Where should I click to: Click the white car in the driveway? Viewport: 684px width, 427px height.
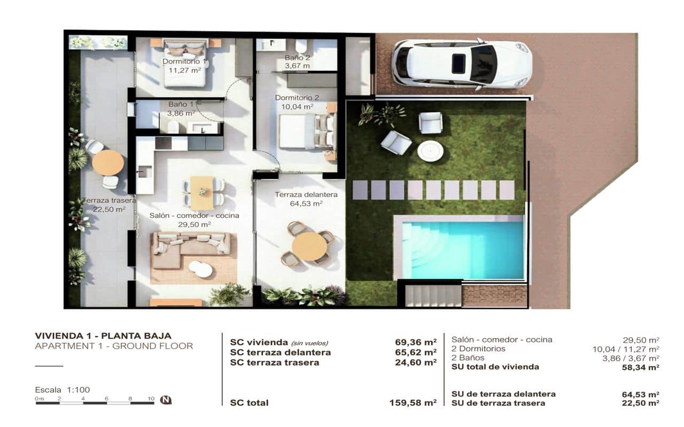pos(462,64)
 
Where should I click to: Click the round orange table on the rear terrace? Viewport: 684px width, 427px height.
pos(108,162)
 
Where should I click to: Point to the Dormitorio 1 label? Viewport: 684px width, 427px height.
pos(184,61)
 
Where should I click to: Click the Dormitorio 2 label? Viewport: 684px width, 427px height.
pos(297,98)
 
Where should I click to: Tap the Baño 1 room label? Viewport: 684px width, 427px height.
pos(181,105)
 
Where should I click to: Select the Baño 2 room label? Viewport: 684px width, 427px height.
pos(297,58)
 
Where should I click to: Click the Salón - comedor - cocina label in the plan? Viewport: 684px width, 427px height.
pos(194,216)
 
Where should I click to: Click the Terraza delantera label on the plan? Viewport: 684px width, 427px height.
pos(299,195)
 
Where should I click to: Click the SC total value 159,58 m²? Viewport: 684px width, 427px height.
pos(413,403)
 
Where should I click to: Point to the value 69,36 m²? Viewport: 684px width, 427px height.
pos(416,342)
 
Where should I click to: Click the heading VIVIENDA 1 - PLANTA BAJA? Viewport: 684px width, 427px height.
pos(103,336)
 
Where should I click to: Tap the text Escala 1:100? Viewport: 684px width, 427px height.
pos(63,390)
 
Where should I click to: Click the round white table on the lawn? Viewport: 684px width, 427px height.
pos(430,151)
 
